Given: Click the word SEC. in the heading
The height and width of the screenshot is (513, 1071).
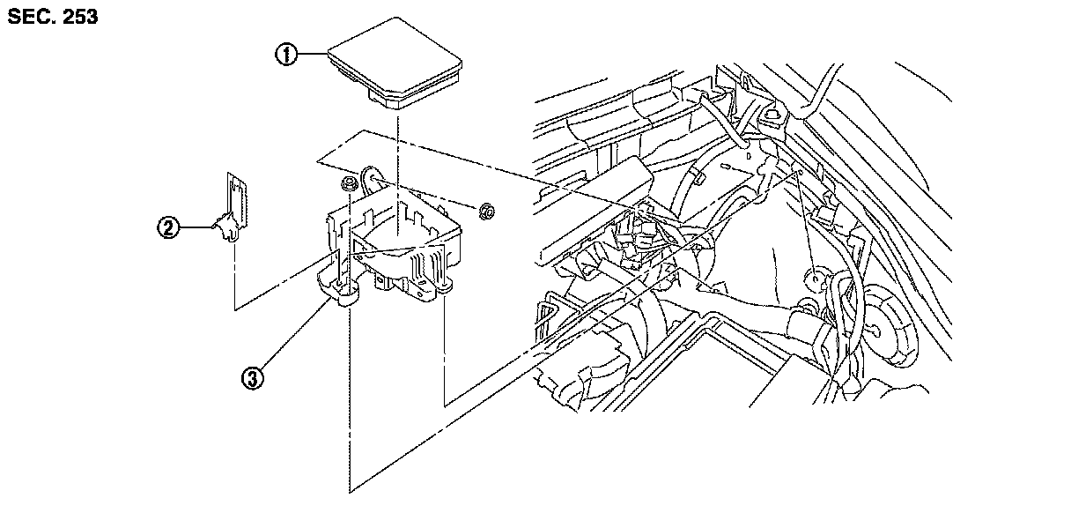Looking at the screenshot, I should (x=29, y=17).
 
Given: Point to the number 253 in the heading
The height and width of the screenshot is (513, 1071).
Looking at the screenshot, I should (x=78, y=17).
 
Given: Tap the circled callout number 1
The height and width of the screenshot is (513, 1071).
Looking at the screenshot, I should (x=285, y=55).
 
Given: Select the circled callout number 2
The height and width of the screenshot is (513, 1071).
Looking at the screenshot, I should (x=167, y=228).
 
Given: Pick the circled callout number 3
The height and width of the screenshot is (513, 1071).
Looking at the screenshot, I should (x=254, y=379).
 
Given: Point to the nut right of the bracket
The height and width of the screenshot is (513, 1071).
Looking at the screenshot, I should (x=484, y=211).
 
